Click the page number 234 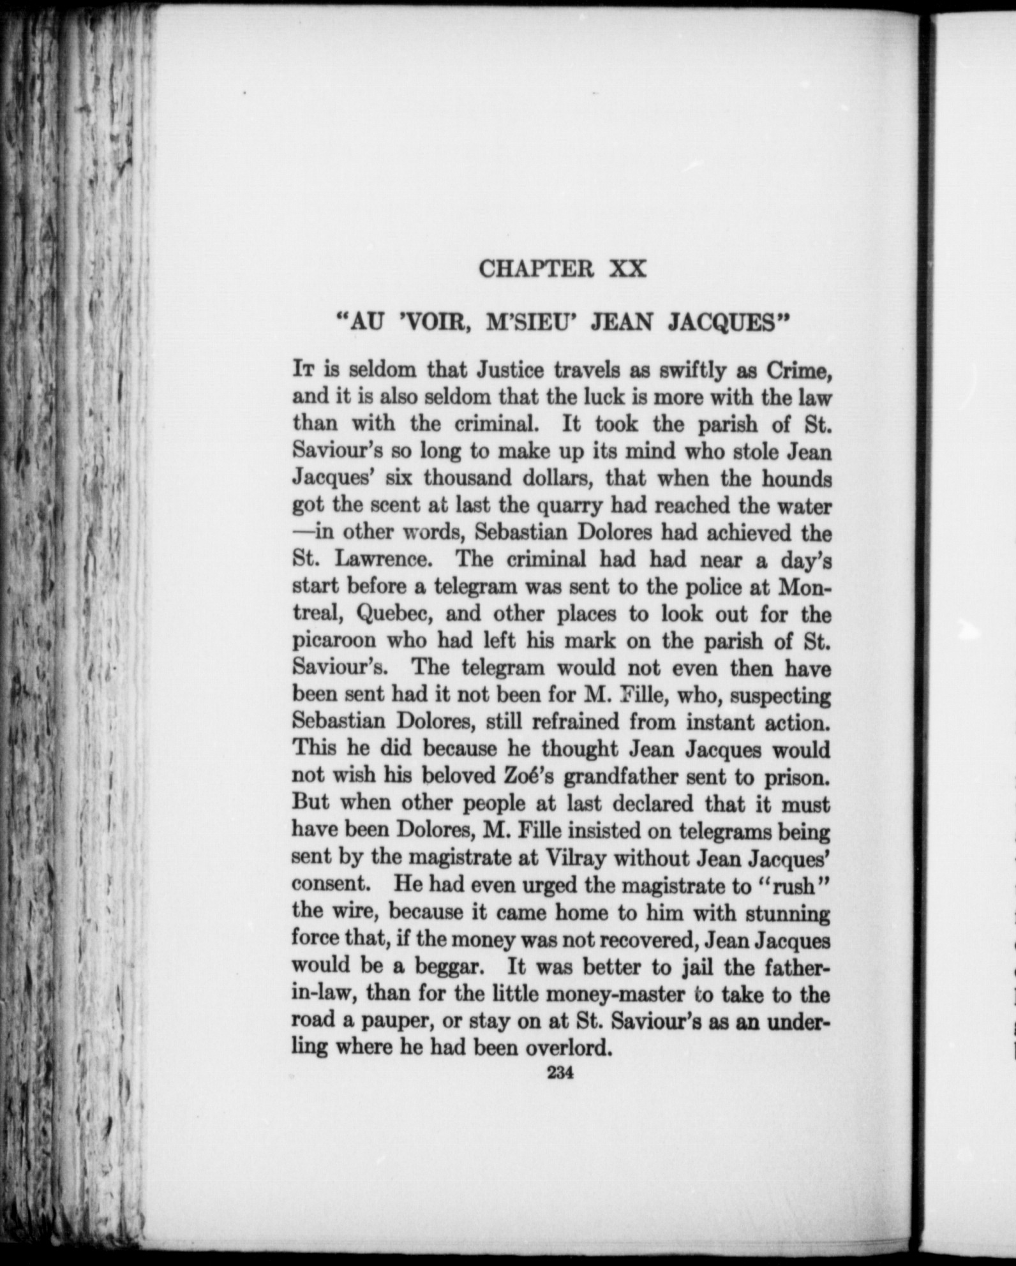(561, 1073)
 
